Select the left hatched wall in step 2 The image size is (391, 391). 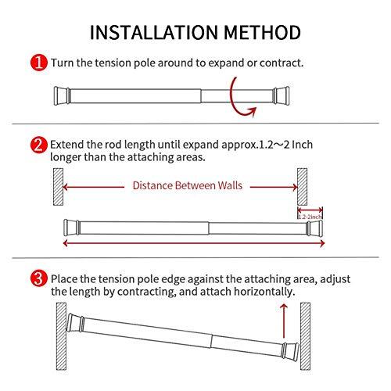(48, 185)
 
